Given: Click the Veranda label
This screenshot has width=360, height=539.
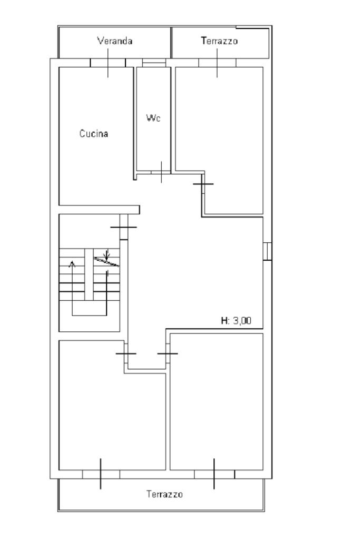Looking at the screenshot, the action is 115,41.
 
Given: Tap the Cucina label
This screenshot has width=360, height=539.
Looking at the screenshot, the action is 94,133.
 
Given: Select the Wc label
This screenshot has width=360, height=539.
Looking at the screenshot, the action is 153,118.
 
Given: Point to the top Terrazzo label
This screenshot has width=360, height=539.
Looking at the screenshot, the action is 219,41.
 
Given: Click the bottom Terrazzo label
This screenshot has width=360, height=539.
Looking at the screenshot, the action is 164,494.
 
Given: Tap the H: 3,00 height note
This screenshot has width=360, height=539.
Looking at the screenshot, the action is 236,321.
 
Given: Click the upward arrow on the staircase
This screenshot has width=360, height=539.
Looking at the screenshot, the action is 72,288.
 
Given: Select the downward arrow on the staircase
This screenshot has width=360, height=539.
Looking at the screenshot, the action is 106,255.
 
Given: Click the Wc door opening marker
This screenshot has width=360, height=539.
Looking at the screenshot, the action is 162,172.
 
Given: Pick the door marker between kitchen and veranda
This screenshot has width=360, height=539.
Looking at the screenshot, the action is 108,63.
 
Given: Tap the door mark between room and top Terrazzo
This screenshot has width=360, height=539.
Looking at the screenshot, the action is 217,63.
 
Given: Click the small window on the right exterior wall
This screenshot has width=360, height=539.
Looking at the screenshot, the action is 268,251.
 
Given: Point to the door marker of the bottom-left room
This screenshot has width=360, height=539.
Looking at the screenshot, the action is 126,354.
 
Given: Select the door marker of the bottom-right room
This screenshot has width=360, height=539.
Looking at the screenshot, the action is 168,354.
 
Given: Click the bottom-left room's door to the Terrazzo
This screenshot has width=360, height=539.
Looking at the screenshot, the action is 101,474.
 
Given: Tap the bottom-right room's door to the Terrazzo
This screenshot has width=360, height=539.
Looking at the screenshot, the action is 214,474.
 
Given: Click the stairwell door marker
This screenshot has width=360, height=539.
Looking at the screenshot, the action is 124,227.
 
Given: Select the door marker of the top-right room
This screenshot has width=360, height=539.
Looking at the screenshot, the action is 203,184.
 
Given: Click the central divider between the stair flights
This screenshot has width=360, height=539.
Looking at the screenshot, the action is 89,275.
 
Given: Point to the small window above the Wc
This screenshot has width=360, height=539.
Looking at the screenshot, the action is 154,63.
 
